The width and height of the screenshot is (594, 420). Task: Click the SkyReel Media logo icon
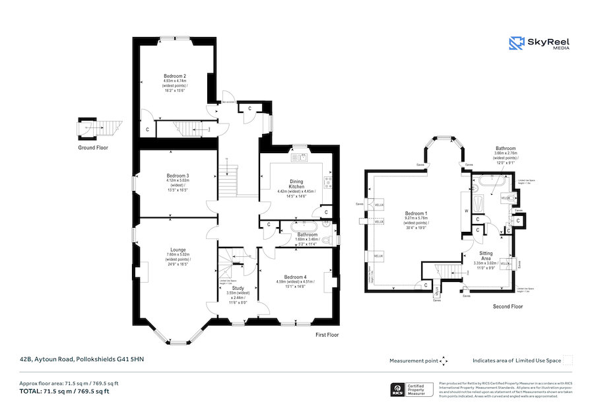pos(516,44)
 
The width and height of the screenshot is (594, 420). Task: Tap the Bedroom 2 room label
pos(175,77)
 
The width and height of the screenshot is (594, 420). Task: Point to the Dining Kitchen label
pos(296,182)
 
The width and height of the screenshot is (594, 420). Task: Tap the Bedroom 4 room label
pos(296,277)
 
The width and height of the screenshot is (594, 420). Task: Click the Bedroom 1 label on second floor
pos(416,213)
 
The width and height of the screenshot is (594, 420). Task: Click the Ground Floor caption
pos(92,148)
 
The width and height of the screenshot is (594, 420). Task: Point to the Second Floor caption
pos(508,306)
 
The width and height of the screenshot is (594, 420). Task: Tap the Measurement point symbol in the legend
pos(444,361)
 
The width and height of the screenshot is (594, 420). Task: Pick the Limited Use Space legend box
pos(568,360)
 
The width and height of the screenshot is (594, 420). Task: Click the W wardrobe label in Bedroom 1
pos(466,211)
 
